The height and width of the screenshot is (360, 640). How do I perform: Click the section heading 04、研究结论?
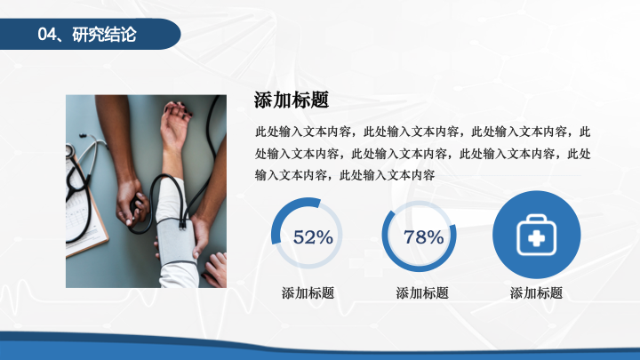click(86, 35)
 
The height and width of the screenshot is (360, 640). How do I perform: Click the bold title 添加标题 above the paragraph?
click(292, 100)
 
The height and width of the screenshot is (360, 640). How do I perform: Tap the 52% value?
click(313, 237)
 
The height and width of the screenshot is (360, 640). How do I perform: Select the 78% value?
click(424, 237)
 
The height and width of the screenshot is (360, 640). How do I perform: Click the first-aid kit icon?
click(536, 235)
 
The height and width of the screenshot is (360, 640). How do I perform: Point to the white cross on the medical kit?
click(536, 239)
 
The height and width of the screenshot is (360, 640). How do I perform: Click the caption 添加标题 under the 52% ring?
click(308, 292)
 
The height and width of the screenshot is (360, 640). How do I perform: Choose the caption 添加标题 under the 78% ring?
click(422, 292)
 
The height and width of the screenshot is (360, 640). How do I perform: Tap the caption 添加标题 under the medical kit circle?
click(536, 292)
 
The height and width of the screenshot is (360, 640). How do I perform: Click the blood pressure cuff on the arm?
click(176, 241)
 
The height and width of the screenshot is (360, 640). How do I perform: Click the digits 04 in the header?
click(47, 35)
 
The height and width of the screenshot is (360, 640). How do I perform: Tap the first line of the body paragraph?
click(422, 132)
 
